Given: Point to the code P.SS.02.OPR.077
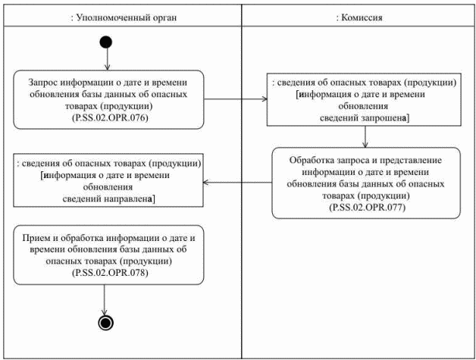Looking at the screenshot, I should pos(366,206).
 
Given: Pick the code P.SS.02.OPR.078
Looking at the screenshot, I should pos(107,271).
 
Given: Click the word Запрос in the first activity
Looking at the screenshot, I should pos(48,82).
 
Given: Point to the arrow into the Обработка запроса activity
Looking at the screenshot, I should pos(366,136).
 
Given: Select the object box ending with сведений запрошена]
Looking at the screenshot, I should pos(366,98).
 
